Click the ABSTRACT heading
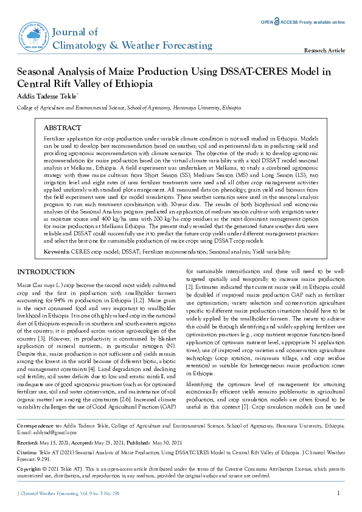[x=63, y=128]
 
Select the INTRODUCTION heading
[x=46, y=271]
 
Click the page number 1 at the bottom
[x=338, y=493]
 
